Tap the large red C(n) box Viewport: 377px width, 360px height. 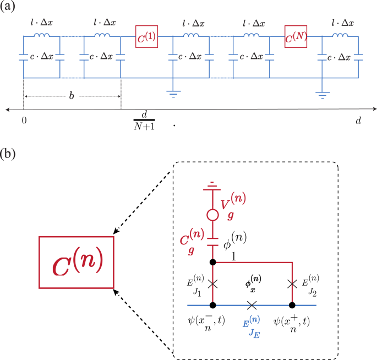[x=76, y=261]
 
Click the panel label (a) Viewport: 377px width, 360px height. [x=10, y=8]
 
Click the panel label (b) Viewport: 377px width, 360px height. [x=10, y=152]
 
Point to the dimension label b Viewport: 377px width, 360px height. [x=71, y=96]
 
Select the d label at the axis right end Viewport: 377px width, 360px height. [x=358, y=120]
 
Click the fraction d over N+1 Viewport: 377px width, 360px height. [x=144, y=120]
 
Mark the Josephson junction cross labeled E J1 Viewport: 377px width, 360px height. [x=213, y=283]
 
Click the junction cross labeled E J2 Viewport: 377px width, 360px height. [x=292, y=283]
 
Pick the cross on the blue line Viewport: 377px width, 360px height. [x=252, y=304]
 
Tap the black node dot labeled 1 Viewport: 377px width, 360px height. [x=213, y=263]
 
